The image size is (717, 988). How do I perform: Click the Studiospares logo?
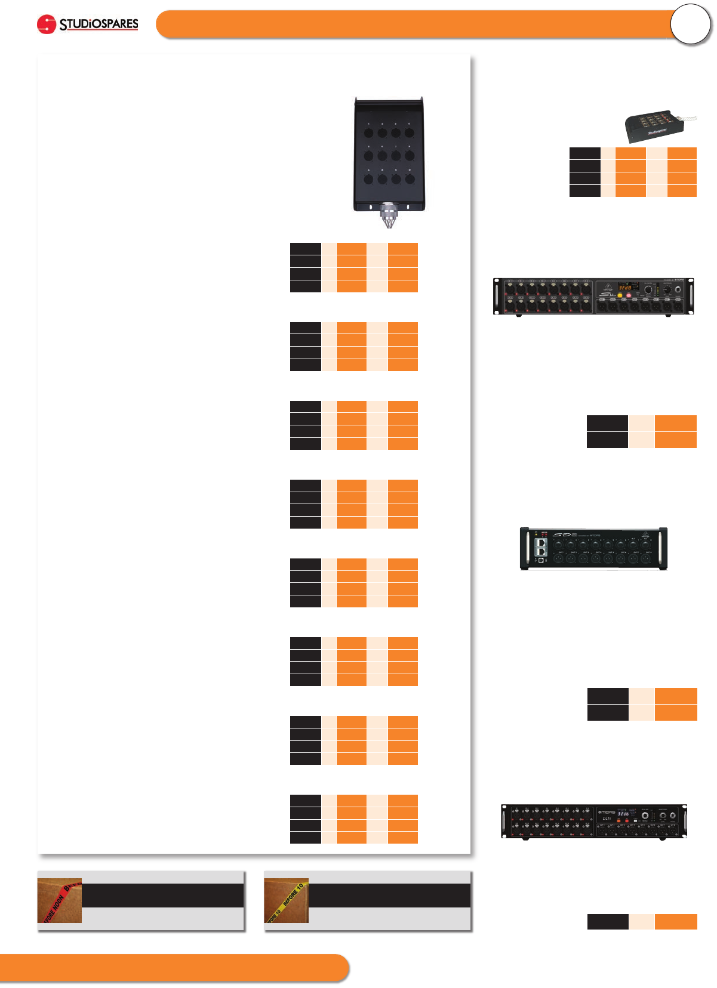click(88, 24)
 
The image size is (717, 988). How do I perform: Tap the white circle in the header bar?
click(690, 24)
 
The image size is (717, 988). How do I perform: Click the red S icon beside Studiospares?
click(46, 24)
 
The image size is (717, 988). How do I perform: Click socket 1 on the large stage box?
click(368, 133)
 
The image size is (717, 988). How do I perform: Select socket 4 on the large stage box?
click(410, 133)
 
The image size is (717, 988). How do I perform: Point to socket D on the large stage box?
click(410, 179)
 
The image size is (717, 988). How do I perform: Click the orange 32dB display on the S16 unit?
click(624, 287)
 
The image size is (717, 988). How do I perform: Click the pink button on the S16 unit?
click(628, 295)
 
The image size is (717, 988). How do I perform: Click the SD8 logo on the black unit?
click(564, 535)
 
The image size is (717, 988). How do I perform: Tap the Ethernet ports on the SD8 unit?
click(541, 547)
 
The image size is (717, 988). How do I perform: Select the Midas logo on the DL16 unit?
click(607, 813)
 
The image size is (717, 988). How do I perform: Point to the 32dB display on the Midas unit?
click(623, 813)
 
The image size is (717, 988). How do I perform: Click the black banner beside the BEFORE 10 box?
click(389, 896)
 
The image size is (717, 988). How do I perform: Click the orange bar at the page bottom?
click(173, 968)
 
